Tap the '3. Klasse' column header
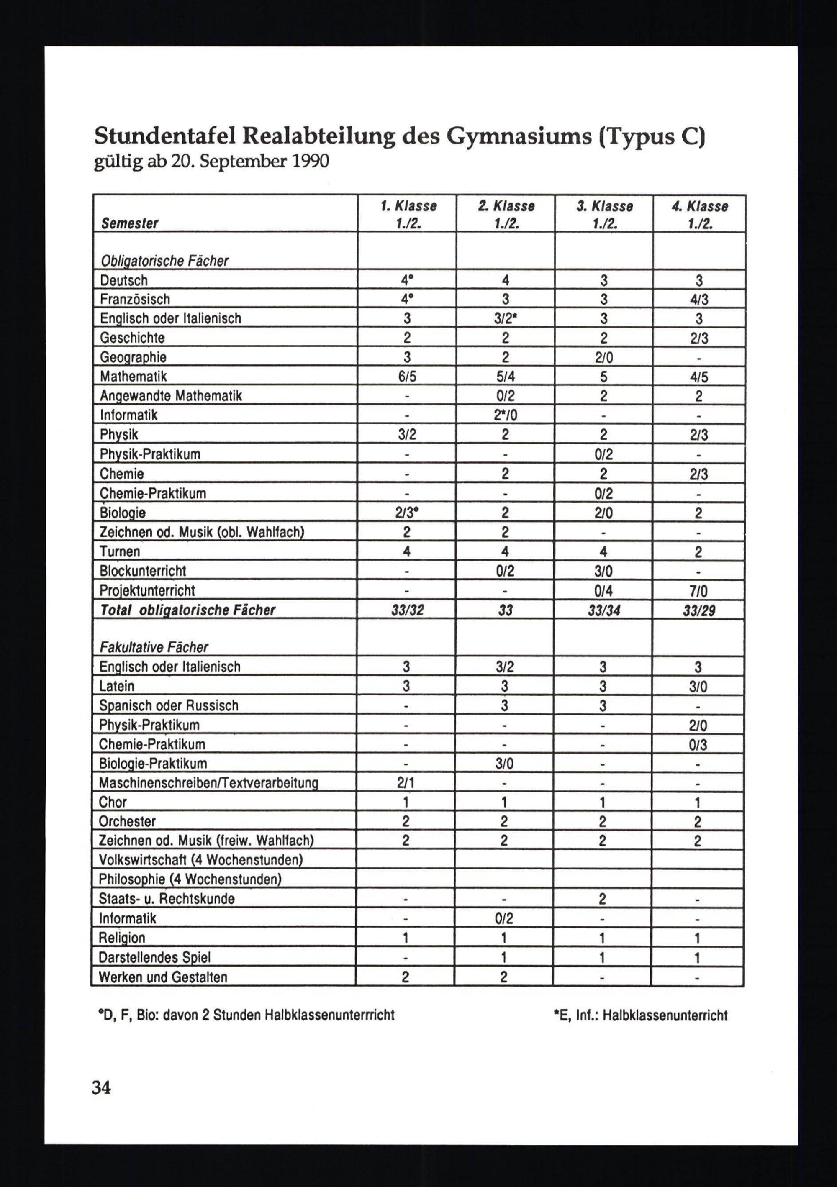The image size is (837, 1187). point(604,206)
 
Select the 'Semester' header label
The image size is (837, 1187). point(129,223)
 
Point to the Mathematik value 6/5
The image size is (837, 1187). point(407,377)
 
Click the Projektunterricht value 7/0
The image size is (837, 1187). point(698,591)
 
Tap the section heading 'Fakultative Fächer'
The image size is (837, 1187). point(154,647)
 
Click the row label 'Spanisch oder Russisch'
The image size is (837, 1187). point(169,706)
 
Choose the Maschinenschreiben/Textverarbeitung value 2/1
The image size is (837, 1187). point(406,783)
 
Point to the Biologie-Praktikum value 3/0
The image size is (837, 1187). point(504,764)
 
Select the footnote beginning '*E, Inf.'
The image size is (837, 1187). point(640,1015)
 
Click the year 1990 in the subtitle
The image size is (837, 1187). point(310,162)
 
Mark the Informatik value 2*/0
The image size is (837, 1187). point(505,415)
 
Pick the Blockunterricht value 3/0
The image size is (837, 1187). point(603,571)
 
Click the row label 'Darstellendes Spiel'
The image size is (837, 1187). point(154,957)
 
